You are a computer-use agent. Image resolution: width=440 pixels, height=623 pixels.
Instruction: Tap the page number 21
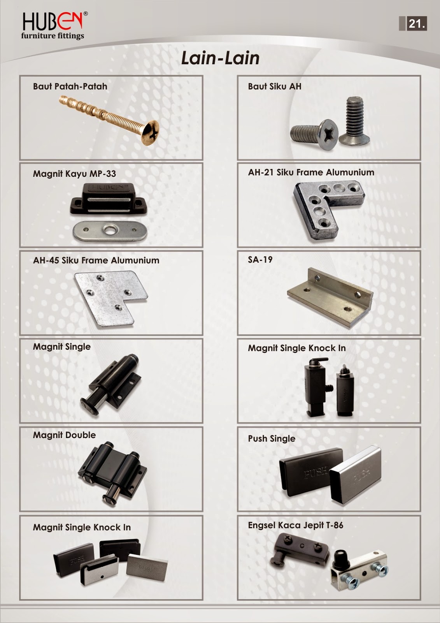click(416, 24)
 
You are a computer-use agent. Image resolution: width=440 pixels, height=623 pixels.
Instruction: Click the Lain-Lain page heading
click(220, 58)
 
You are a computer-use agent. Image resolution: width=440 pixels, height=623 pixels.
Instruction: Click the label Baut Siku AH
click(275, 86)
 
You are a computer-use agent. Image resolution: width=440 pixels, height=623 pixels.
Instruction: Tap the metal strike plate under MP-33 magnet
click(110, 231)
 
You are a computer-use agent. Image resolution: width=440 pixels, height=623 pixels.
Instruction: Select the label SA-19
click(260, 260)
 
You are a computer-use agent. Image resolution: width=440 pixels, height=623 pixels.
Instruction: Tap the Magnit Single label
click(62, 347)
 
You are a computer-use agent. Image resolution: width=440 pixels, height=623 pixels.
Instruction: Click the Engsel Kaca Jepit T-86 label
click(296, 525)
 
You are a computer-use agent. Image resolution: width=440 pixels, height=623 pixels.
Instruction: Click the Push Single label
click(272, 438)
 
